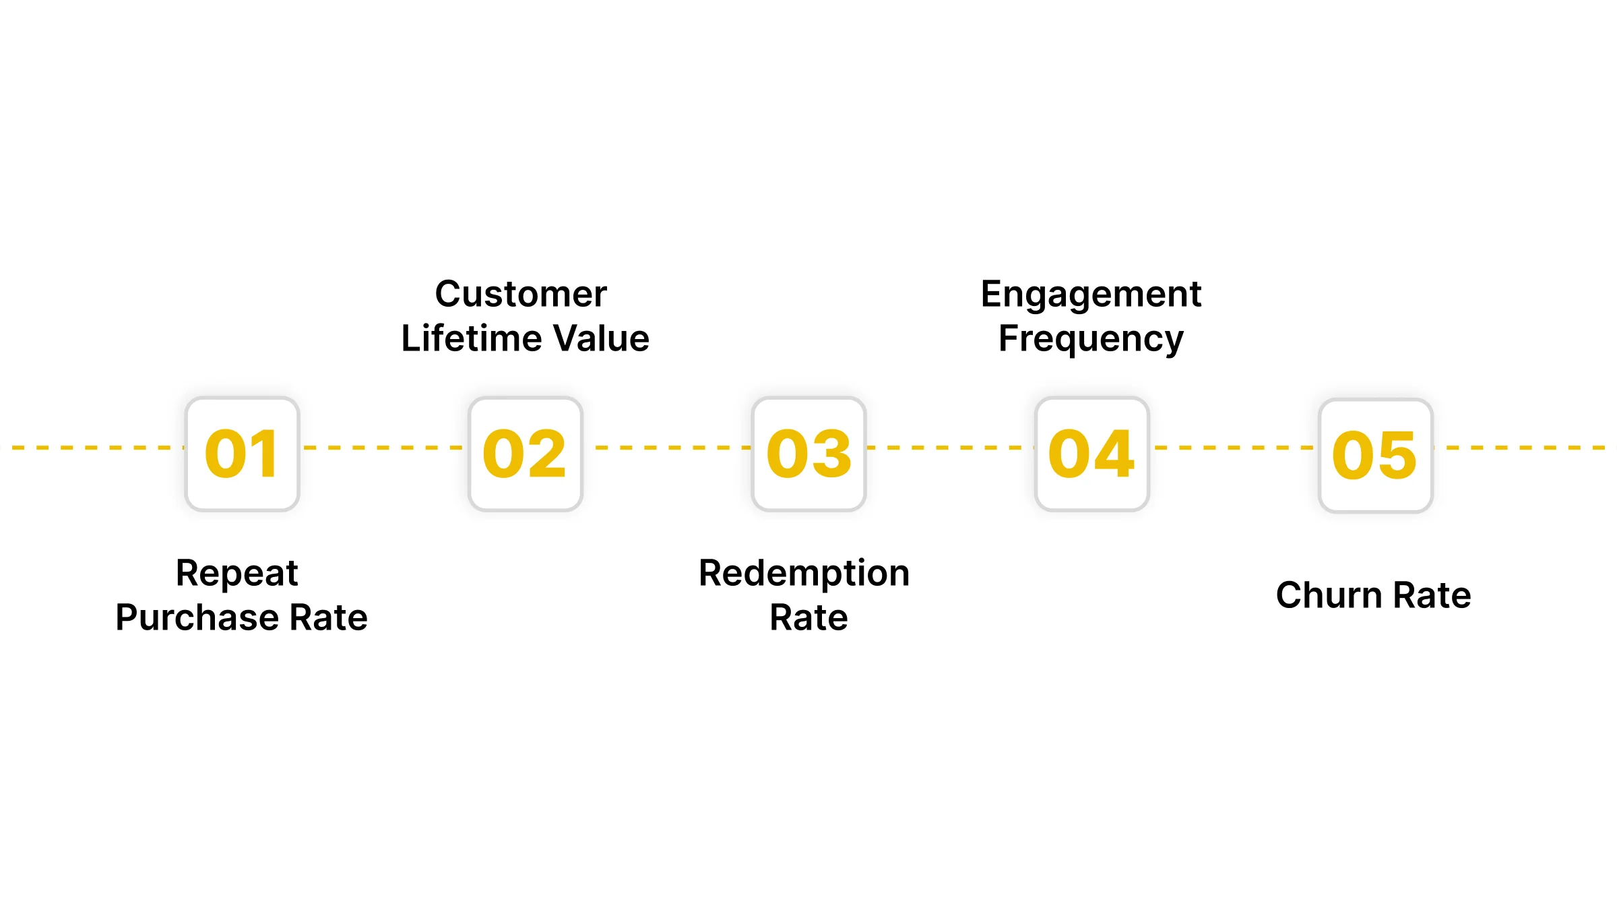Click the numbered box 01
(x=242, y=454)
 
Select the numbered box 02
(x=525, y=454)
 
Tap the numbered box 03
(x=808, y=454)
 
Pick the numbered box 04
(x=1091, y=454)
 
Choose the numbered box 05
(x=1375, y=456)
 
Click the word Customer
(x=521, y=295)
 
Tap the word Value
(x=601, y=338)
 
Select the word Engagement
(x=1091, y=295)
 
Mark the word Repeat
(x=236, y=574)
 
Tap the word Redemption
(x=804, y=574)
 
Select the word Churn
(x=1329, y=596)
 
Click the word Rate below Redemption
(x=808, y=618)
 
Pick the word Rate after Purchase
(x=328, y=618)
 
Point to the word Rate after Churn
(x=1432, y=596)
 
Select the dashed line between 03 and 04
(x=950, y=447)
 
